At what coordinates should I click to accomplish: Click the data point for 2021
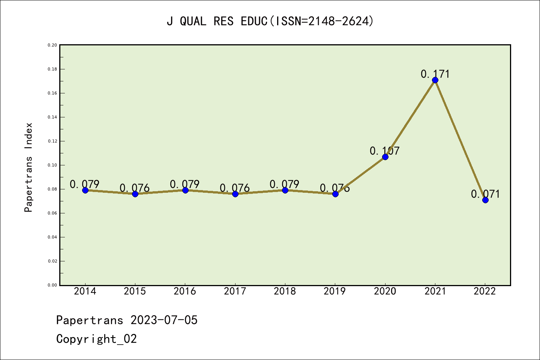435,80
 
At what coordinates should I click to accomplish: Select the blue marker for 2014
85,190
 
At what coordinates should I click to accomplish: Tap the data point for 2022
485,200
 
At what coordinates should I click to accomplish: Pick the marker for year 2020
385,157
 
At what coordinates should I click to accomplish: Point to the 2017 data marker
235,194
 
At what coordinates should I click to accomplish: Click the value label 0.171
435,74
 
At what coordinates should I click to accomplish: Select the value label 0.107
385,151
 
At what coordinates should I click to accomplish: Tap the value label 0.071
485,194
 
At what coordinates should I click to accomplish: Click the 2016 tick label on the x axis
185,291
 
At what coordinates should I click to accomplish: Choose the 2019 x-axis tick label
335,291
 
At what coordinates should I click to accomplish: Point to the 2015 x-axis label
135,291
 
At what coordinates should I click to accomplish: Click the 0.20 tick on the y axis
52,45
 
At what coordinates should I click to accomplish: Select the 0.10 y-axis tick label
52,165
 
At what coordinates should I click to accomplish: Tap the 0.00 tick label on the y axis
52,285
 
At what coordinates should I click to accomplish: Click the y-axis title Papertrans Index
29,167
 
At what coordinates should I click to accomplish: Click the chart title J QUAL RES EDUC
270,21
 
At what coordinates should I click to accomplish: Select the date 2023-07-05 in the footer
164,320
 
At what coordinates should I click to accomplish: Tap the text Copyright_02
96,339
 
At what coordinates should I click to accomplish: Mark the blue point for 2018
285,190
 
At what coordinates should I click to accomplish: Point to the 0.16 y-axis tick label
52,93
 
